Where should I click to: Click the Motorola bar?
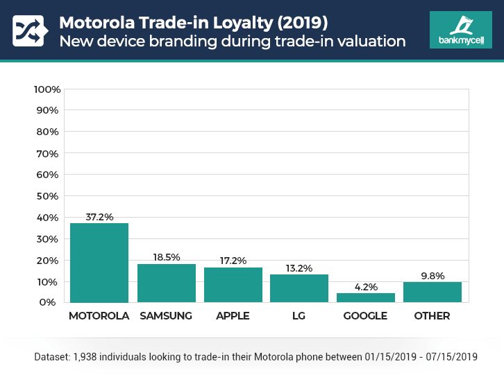pos(99,263)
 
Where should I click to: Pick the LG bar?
pos(299,288)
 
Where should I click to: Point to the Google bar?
pos(366,298)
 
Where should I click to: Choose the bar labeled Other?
pos(432,292)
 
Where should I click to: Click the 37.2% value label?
pos(99,216)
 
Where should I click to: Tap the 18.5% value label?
pos(166,257)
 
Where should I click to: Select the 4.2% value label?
pos(366,286)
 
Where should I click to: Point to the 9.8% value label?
pos(432,275)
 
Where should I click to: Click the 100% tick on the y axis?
pos(48,89)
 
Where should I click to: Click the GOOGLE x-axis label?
pos(366,316)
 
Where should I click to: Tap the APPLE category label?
pos(233,316)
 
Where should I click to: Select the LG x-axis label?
pos(299,316)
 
